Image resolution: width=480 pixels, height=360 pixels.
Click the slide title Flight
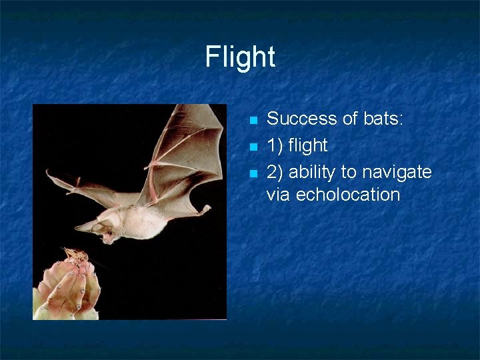240,57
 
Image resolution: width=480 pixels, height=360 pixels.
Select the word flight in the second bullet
308,145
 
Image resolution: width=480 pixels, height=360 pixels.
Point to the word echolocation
347,195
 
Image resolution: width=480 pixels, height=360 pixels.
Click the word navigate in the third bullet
397,172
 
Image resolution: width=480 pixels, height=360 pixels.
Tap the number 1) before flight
275,145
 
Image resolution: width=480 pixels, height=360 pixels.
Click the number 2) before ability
275,172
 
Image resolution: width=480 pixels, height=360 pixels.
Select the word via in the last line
279,195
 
